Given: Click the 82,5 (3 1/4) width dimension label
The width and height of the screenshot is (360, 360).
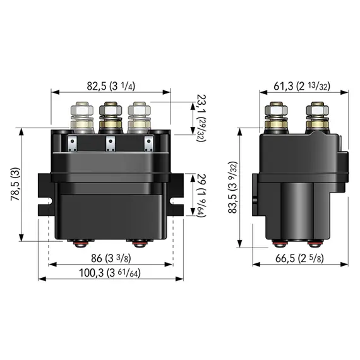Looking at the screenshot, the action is [111, 86].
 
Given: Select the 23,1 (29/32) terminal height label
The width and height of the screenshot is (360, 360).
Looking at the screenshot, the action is [201, 118].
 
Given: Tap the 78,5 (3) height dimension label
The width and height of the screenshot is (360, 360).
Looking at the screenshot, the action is [16, 184].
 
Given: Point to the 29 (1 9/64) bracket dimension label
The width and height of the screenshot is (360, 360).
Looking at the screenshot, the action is [201, 195].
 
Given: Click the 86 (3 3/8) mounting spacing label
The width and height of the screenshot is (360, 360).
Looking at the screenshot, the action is [111, 258].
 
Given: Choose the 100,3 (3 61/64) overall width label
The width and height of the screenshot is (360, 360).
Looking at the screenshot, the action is [109, 273].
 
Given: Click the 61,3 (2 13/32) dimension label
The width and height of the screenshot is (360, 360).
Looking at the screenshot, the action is [302, 86].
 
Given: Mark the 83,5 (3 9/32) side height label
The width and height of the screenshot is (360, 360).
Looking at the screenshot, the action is [232, 188].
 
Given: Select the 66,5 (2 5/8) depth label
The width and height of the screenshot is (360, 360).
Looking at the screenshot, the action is [299, 258].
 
